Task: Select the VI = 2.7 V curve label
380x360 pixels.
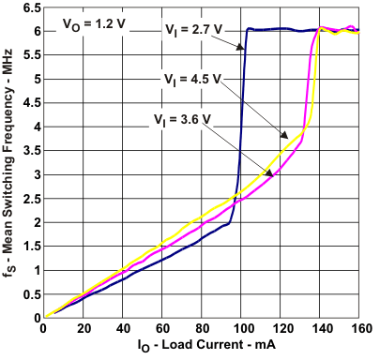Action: (x=192, y=29)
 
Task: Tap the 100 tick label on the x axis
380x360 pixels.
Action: (x=242, y=329)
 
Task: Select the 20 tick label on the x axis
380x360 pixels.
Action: (x=83, y=329)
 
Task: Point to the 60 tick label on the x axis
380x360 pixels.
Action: (x=162, y=329)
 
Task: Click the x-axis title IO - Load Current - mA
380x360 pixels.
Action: (x=202, y=349)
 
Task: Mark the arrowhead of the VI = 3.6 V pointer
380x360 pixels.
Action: (x=273, y=172)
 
